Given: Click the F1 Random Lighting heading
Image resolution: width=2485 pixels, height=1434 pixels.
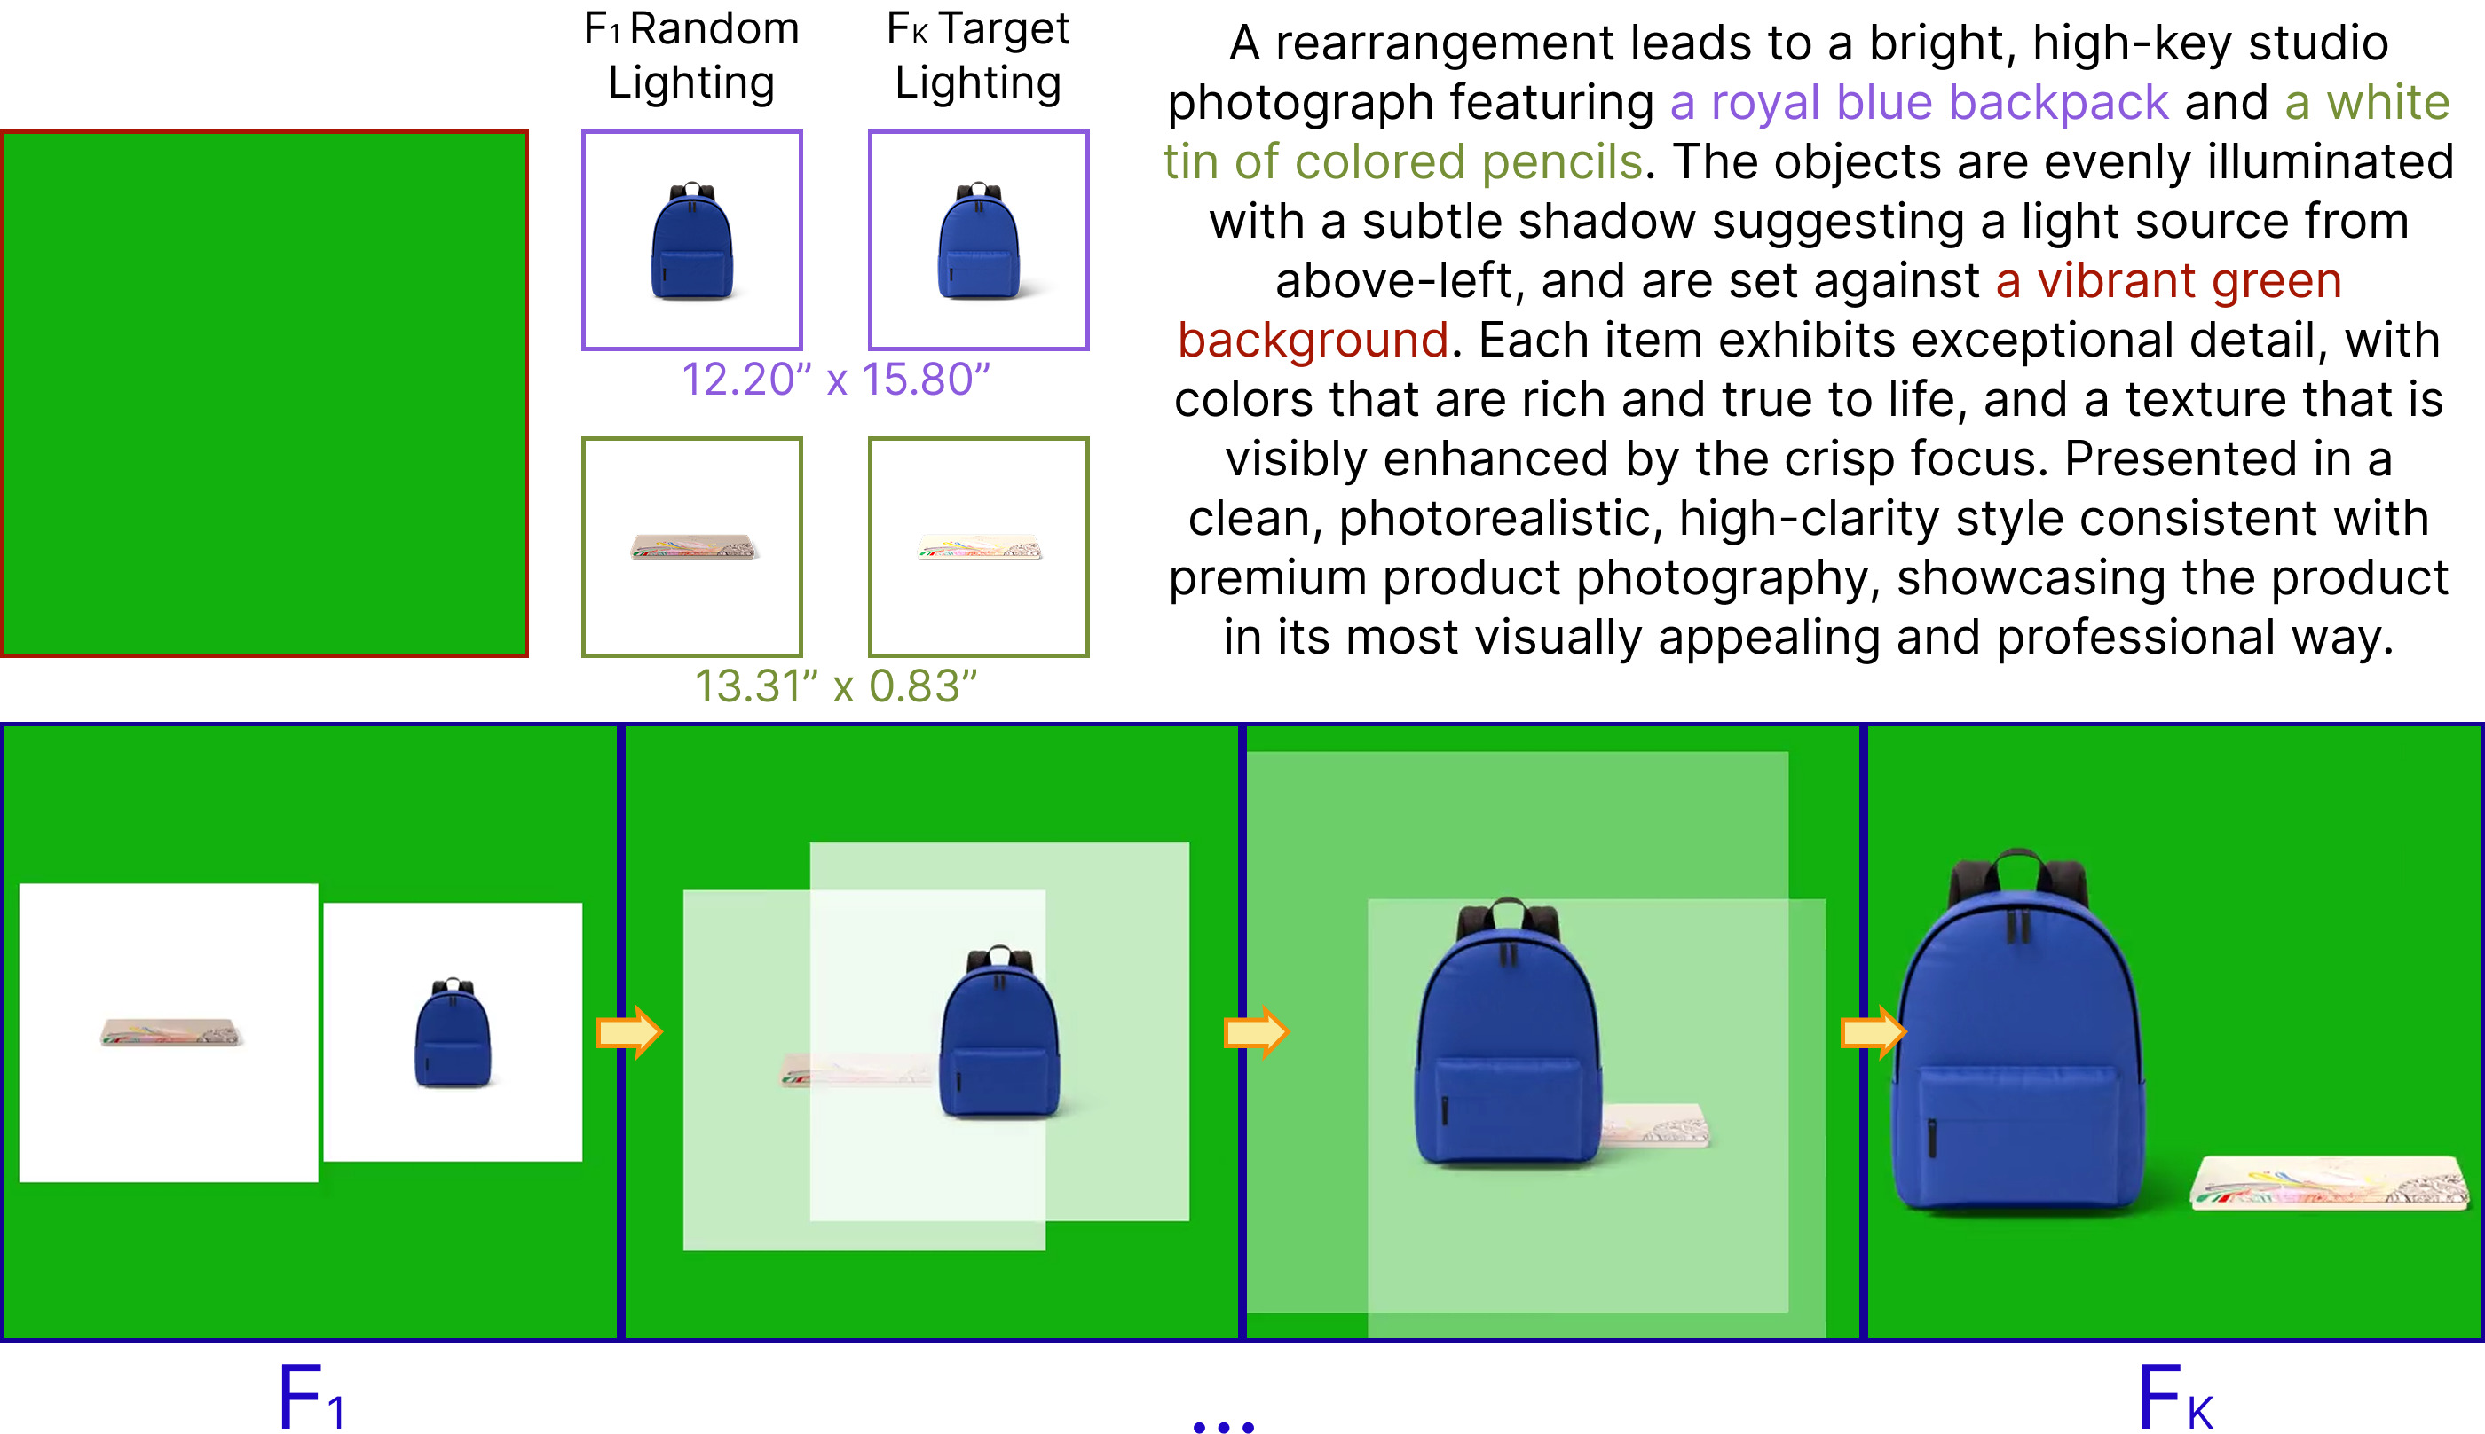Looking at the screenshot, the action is pyautogui.click(x=690, y=55).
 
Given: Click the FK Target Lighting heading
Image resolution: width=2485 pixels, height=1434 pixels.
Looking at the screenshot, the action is pyautogui.click(x=977, y=55).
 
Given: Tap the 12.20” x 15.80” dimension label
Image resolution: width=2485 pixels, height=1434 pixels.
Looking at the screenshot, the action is pyautogui.click(x=835, y=380).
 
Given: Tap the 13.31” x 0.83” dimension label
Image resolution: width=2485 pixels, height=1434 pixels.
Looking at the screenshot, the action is pyautogui.click(x=835, y=686).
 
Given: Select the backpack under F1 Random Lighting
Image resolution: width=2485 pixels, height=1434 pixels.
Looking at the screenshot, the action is pyautogui.click(x=691, y=241).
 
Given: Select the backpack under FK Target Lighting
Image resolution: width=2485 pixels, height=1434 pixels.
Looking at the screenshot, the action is pyautogui.click(x=978, y=241).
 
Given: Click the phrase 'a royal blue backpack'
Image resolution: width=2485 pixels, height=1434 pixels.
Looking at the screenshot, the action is pyautogui.click(x=1919, y=103).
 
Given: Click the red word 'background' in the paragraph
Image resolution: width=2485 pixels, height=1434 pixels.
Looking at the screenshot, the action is pyautogui.click(x=1313, y=340).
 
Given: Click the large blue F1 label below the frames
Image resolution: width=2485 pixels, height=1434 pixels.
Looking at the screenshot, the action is pyautogui.click(x=311, y=1397).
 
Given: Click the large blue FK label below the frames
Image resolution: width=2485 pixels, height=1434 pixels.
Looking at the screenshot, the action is pyautogui.click(x=2175, y=1397).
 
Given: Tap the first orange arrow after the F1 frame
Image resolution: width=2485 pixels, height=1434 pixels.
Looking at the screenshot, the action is pyautogui.click(x=629, y=1032).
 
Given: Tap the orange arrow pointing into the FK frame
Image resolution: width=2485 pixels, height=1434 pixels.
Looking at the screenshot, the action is pyautogui.click(x=1874, y=1032).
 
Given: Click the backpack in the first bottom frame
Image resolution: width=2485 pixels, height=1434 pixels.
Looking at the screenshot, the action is pyautogui.click(x=454, y=1032).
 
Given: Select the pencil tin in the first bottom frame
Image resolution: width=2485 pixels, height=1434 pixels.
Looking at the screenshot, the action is pyautogui.click(x=171, y=1032).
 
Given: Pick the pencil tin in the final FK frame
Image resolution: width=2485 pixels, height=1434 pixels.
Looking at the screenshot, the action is pyautogui.click(x=2330, y=1182).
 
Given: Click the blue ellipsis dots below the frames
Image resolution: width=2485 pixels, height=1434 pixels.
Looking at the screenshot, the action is pyautogui.click(x=1223, y=1425).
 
